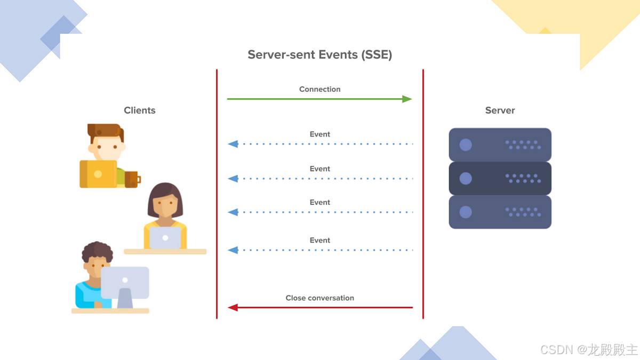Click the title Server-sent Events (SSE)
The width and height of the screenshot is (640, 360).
coord(319,54)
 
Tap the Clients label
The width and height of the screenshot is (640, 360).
coord(140,110)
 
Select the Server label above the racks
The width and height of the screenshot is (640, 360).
coord(500,110)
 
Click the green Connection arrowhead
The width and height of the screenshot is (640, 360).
coord(407,99)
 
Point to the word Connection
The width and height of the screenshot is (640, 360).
coord(319,89)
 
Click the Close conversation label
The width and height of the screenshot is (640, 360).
coord(319,298)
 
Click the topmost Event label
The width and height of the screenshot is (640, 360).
coord(320,134)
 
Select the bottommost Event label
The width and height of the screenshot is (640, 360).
coord(320,241)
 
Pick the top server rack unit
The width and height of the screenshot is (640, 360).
coord(500,145)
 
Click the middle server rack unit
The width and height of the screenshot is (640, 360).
coord(500,178)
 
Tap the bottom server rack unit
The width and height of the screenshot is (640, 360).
coord(500,212)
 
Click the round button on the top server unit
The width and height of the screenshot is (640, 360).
coord(466,145)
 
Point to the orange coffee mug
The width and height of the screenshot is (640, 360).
coord(132,179)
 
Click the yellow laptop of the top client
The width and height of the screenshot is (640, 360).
coord(98,174)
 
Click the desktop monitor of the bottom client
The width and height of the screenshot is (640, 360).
coord(125,282)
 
